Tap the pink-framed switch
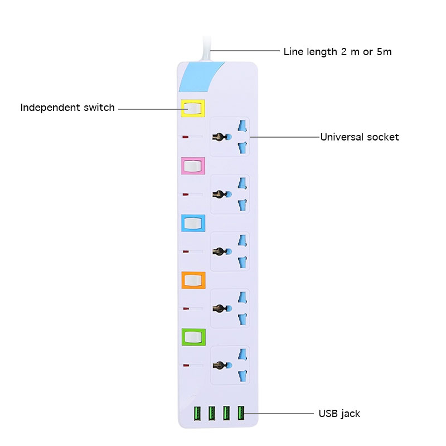(x=193, y=166)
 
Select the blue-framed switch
(x=193, y=224)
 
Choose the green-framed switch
(x=193, y=337)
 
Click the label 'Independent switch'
(x=67, y=108)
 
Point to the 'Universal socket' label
(x=359, y=137)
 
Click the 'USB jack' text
(x=339, y=414)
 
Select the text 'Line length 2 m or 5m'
(x=337, y=52)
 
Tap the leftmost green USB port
(x=197, y=414)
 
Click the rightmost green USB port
(x=241, y=414)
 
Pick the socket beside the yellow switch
(x=230, y=137)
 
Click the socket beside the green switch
(x=230, y=365)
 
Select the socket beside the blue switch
(x=230, y=251)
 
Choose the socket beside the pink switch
(x=230, y=194)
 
